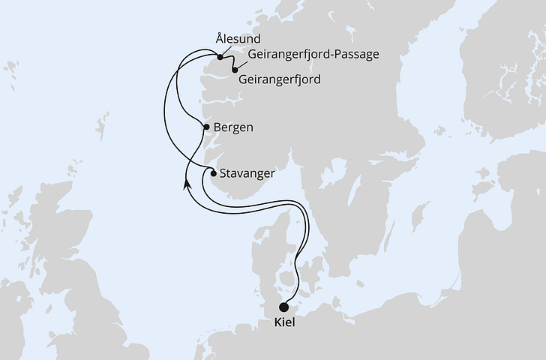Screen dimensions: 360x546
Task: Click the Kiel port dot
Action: (283, 306)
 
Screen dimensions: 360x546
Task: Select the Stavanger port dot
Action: (214, 172)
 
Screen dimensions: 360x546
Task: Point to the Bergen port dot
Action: (205, 127)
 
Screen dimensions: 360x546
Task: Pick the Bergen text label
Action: (232, 127)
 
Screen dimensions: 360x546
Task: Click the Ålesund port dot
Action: (220, 57)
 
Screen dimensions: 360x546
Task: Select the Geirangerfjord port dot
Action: (235, 70)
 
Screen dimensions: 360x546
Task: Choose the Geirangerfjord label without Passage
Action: (279, 78)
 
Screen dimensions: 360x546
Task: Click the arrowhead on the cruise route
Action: (187, 183)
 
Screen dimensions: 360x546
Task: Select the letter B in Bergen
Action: (217, 127)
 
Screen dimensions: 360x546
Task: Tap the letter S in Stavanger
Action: (223, 172)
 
